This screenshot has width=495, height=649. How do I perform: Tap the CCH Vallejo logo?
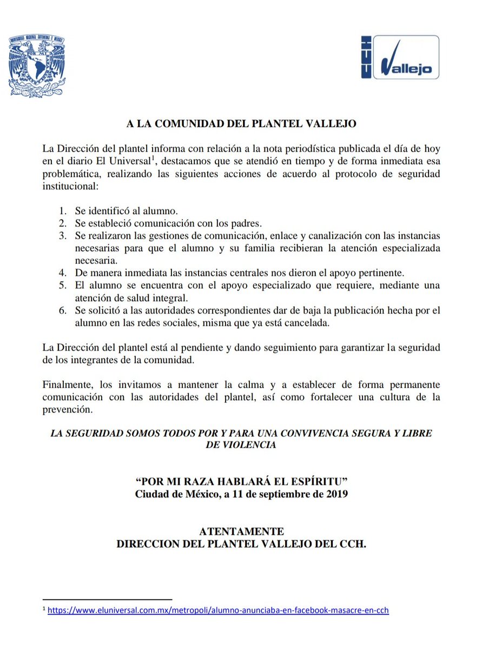point(400,57)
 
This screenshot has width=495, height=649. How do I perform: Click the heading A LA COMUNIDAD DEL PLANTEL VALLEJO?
point(241,123)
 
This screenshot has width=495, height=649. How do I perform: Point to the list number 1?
point(64,210)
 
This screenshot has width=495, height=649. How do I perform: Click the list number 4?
point(64,270)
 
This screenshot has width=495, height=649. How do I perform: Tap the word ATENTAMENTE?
point(241,532)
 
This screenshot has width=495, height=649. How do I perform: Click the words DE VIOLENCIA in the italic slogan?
point(241,445)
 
